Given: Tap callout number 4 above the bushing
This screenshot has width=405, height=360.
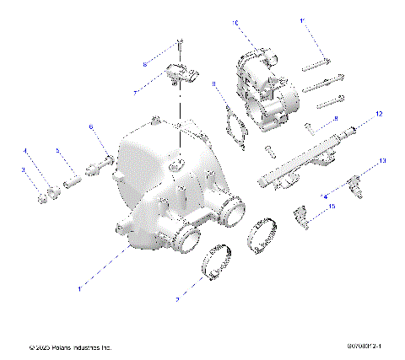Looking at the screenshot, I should click(x=25, y=152).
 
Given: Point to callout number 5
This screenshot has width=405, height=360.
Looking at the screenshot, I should click(x=57, y=152).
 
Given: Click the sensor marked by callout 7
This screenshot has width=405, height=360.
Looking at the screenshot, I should click(x=180, y=73).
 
